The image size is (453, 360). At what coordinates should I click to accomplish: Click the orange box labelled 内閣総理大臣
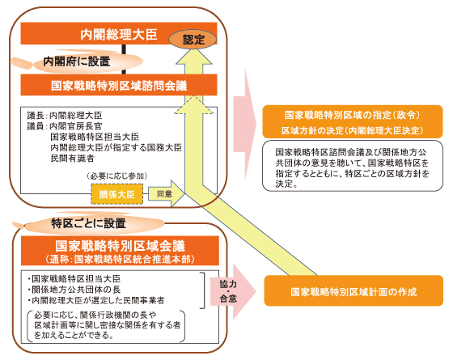pos(118,33)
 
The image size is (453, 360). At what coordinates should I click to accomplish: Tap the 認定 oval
pos(193,40)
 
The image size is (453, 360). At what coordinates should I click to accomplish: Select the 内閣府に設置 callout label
pos(77,61)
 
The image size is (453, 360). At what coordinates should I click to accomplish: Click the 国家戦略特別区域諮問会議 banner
pos(118,85)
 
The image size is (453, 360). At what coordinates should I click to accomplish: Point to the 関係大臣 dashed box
pos(117,194)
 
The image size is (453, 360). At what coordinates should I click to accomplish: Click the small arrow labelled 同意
pos(167,193)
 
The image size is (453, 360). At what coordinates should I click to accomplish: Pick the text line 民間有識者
pos(72,159)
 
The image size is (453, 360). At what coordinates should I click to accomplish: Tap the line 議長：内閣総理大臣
pos(65,116)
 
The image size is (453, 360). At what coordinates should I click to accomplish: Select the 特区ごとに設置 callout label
pos(88,223)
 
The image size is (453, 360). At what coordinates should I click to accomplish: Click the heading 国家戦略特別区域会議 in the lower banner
pos(120,246)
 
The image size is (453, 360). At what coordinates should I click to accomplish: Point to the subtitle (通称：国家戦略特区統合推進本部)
pos(120,259)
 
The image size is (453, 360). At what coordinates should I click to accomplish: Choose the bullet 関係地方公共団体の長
pos(74,290)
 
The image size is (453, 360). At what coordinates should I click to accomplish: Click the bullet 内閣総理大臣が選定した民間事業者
pos(96,300)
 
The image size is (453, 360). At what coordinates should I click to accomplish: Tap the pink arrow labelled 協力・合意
pos(233,291)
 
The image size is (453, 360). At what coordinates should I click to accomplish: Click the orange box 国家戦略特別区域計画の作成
pos(354,290)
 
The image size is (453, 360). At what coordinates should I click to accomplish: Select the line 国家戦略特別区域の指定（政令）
pos(353,115)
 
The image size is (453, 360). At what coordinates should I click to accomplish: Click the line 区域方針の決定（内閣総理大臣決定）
pos(353,130)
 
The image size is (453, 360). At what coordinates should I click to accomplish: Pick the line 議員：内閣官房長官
pos(65,126)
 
